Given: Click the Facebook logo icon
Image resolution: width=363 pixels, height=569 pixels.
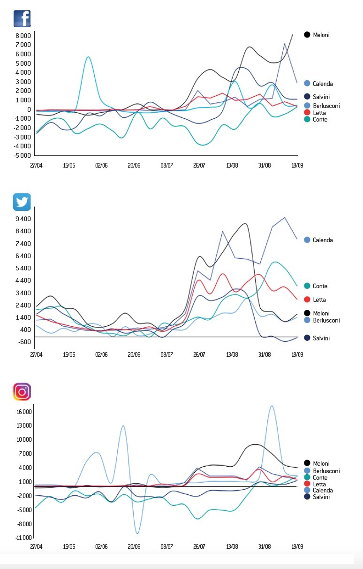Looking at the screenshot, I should [x=22, y=18].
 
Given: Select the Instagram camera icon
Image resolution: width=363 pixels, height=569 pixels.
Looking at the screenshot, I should [x=22, y=392].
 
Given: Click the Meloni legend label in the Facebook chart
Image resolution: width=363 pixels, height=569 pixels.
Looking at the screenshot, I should [x=321, y=35].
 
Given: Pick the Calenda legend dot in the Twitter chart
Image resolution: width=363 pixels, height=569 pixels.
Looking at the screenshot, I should [x=307, y=240].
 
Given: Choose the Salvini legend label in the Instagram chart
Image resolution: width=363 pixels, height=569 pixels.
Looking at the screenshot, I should [x=321, y=497].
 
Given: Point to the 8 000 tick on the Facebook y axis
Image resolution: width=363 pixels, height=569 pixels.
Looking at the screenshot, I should [x=23, y=36].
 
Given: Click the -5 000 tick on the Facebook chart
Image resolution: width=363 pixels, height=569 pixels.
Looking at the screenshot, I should [x=22, y=155].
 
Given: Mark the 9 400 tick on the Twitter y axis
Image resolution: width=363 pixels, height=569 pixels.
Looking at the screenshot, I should [x=23, y=219].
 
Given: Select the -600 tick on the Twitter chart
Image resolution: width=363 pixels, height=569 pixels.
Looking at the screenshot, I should [x=24, y=342].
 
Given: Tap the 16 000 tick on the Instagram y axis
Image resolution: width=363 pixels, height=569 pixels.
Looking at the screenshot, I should [x=23, y=412].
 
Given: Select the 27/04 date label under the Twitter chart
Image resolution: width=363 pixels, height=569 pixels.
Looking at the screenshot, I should [x=36, y=354].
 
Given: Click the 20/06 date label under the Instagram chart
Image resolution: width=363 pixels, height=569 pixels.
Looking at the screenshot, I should [x=134, y=547].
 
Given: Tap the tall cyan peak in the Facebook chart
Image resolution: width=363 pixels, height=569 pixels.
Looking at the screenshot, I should [x=88, y=57].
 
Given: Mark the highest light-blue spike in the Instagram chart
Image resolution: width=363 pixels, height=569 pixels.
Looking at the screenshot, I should [x=272, y=406].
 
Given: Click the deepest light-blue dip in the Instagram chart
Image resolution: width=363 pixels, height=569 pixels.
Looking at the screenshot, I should [x=137, y=533].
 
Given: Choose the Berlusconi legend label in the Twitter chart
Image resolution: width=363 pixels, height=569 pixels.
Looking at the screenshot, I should [x=326, y=320].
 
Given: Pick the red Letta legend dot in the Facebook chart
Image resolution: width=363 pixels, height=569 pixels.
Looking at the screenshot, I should [x=307, y=113].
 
